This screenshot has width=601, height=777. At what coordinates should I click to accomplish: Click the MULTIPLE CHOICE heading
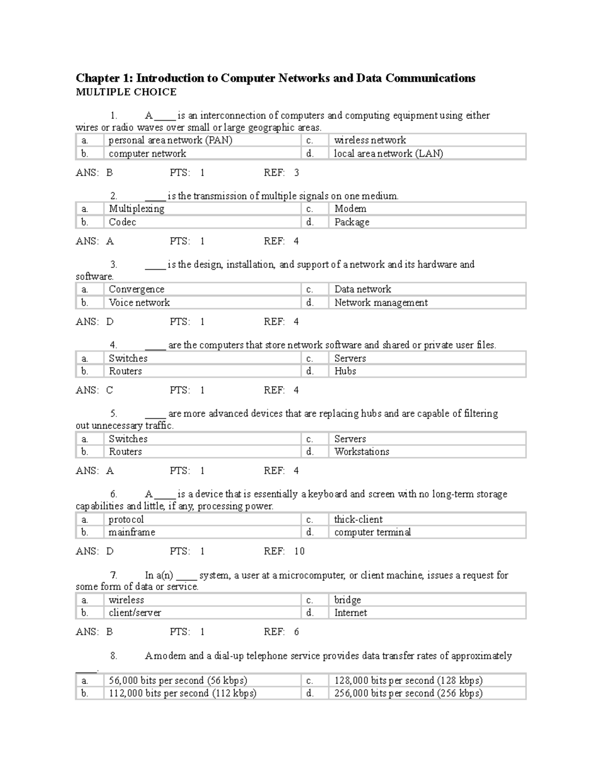point(126,92)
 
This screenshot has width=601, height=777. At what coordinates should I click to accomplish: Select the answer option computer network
point(147,154)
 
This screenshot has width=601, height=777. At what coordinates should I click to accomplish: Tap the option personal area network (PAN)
point(170,141)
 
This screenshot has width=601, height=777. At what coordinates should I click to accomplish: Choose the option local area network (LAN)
point(388,154)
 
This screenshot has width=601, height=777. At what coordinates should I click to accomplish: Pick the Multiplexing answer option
point(136,209)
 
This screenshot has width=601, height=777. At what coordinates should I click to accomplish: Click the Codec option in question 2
point(122,222)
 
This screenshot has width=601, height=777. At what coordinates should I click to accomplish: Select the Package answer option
point(352,222)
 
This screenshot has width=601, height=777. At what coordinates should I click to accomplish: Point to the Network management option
point(381,303)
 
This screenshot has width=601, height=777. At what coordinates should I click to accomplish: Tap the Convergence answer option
point(136,289)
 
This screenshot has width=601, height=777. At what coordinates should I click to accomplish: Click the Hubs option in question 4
point(345,371)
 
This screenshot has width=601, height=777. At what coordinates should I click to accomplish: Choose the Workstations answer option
point(362,452)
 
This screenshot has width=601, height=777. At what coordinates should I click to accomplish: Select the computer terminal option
point(372,532)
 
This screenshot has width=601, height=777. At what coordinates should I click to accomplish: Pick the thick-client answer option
point(358,520)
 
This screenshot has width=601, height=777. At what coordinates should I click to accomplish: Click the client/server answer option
point(135,613)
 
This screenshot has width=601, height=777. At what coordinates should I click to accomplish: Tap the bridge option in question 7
point(348,600)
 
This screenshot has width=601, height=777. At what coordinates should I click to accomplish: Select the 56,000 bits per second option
point(178,680)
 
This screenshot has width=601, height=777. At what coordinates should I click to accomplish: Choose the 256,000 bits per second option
point(408,693)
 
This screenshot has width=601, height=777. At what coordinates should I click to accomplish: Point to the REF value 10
point(299,551)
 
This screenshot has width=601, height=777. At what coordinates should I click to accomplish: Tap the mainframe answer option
point(132,532)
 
